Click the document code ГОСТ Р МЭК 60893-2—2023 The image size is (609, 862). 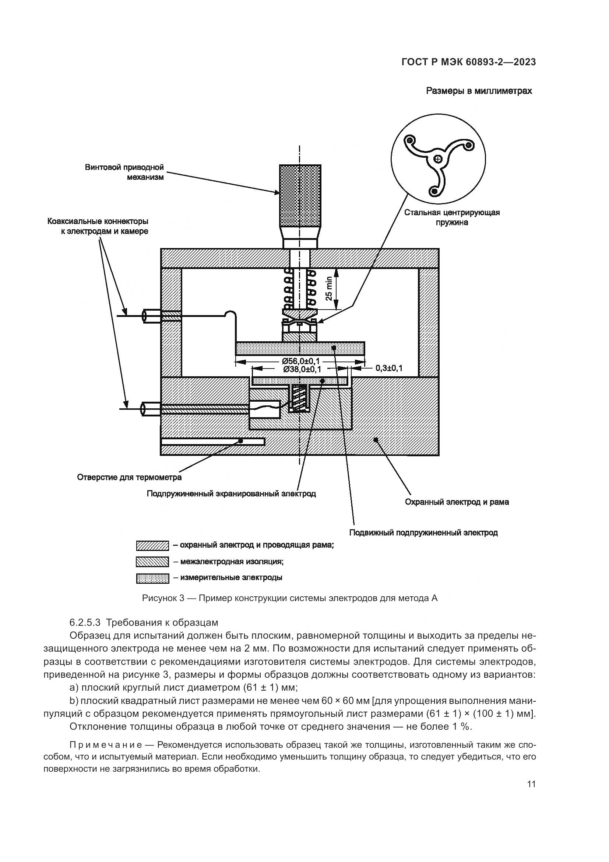(468, 62)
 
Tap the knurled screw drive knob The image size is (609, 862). (300, 195)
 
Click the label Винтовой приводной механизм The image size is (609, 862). (124, 172)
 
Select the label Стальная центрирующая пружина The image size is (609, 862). (452, 217)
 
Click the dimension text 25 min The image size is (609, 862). (329, 288)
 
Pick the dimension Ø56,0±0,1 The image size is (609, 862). (301, 361)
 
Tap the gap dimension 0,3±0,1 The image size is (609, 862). (389, 368)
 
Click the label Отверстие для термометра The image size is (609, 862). (129, 478)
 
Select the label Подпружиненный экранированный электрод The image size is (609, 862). (231, 494)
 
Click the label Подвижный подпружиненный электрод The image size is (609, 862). (423, 533)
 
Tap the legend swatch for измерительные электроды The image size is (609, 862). (152, 579)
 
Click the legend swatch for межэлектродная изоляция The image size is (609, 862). (152, 562)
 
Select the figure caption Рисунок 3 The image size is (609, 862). (289, 598)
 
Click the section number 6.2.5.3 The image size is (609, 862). (85, 622)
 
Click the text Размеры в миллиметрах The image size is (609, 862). (479, 91)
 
